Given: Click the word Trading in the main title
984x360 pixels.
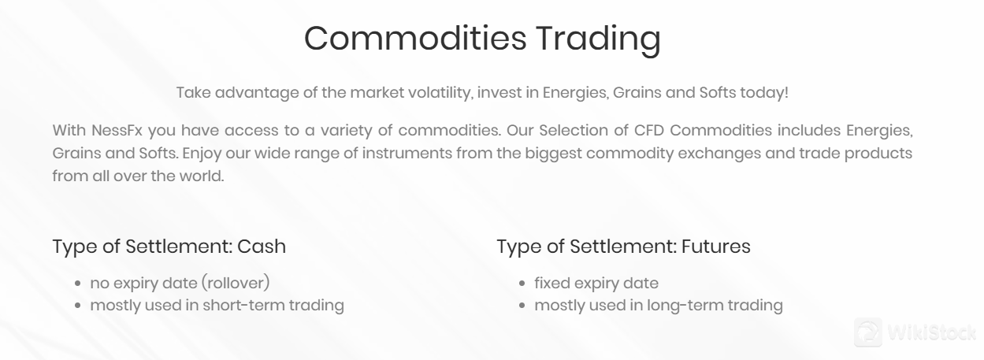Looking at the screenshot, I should coord(598,39).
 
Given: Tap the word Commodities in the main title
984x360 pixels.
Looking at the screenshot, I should coord(414,39).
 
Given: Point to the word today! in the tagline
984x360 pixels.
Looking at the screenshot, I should coord(764,92).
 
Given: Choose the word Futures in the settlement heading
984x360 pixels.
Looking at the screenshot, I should coord(715,246).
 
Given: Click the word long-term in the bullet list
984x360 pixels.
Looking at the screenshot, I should coord(685,305).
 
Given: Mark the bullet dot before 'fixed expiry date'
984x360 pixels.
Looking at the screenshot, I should coord(523,284).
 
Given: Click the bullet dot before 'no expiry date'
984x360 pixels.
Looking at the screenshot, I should coord(79,284).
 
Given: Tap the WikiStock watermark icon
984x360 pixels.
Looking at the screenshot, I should coord(868,332).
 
